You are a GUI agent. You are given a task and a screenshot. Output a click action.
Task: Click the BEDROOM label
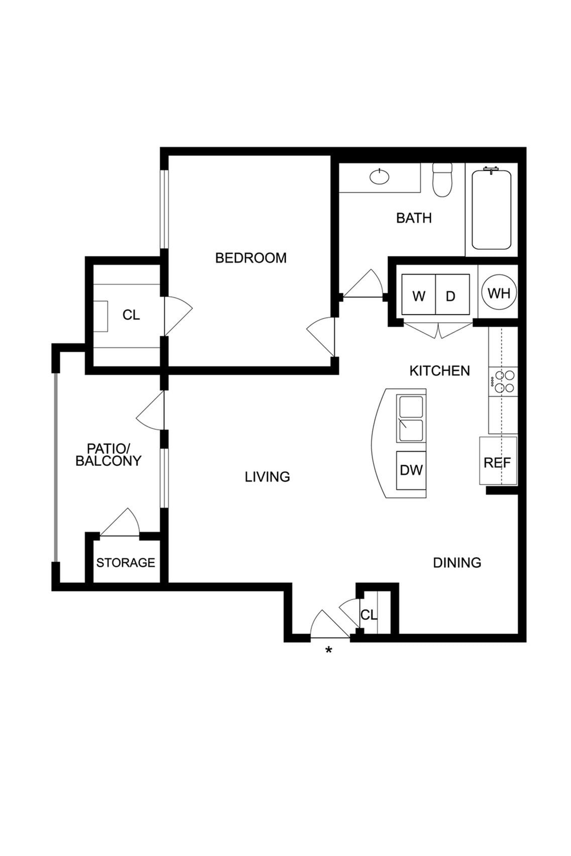(251, 258)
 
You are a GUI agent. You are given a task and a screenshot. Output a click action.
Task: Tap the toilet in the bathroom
(442, 181)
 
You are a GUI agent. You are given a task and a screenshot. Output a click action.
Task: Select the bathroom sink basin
(379, 176)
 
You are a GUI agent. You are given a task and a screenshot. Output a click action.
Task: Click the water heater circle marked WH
(499, 293)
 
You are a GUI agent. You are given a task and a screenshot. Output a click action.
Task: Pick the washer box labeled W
(418, 296)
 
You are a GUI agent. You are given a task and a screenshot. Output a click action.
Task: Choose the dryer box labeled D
(451, 296)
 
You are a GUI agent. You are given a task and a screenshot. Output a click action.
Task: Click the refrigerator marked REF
(497, 462)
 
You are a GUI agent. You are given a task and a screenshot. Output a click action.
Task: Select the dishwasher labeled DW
(411, 470)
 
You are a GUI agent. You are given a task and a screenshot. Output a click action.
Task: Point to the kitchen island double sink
(411, 418)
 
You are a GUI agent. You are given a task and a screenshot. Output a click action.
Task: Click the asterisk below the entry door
(328, 651)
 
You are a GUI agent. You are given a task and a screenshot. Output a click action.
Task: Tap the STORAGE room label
(126, 562)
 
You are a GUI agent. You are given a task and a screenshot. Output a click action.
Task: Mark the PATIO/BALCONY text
(108, 455)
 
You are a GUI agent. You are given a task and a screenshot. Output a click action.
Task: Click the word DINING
(457, 562)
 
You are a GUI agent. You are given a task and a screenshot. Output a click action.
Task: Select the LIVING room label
(267, 477)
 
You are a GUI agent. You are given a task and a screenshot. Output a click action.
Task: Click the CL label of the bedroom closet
(131, 315)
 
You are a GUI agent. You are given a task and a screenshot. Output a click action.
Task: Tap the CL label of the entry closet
(368, 615)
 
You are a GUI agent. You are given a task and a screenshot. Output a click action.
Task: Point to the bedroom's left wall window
(164, 209)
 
